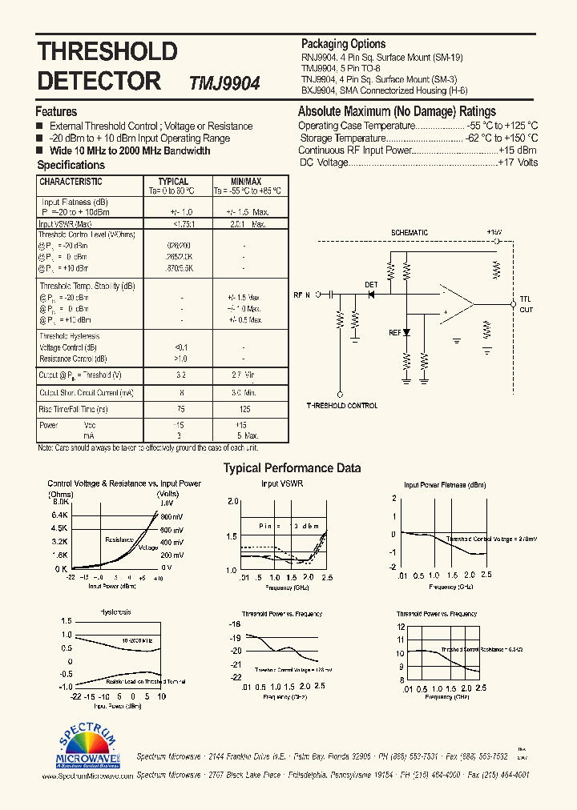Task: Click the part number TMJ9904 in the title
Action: (x=224, y=83)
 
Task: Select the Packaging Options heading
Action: (x=343, y=44)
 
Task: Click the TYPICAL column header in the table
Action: (x=173, y=182)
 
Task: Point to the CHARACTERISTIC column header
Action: (x=71, y=182)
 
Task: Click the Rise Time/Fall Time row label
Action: (x=74, y=409)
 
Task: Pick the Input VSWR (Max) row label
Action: (x=70, y=224)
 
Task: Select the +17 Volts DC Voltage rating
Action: (x=518, y=162)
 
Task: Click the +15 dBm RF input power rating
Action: (x=518, y=150)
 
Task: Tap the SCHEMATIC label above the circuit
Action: (x=410, y=233)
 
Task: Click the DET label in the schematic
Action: (x=371, y=284)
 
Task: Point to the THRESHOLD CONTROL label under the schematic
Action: (x=342, y=406)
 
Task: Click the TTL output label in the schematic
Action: (x=526, y=299)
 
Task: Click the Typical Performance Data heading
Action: (x=292, y=468)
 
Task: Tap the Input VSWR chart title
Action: (x=282, y=484)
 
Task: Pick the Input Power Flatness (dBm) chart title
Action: (x=445, y=485)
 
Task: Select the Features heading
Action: (x=56, y=112)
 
